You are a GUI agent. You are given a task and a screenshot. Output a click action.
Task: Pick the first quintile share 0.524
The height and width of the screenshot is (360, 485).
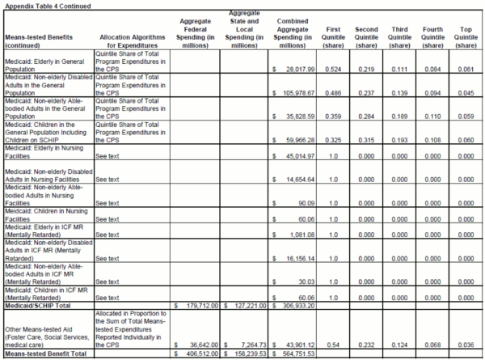[x=334, y=71]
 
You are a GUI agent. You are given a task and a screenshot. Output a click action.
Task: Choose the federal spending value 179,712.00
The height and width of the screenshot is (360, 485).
[x=198, y=305]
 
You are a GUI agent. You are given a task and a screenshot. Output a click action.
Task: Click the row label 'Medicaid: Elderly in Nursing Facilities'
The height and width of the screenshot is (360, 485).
[x=44, y=154]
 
